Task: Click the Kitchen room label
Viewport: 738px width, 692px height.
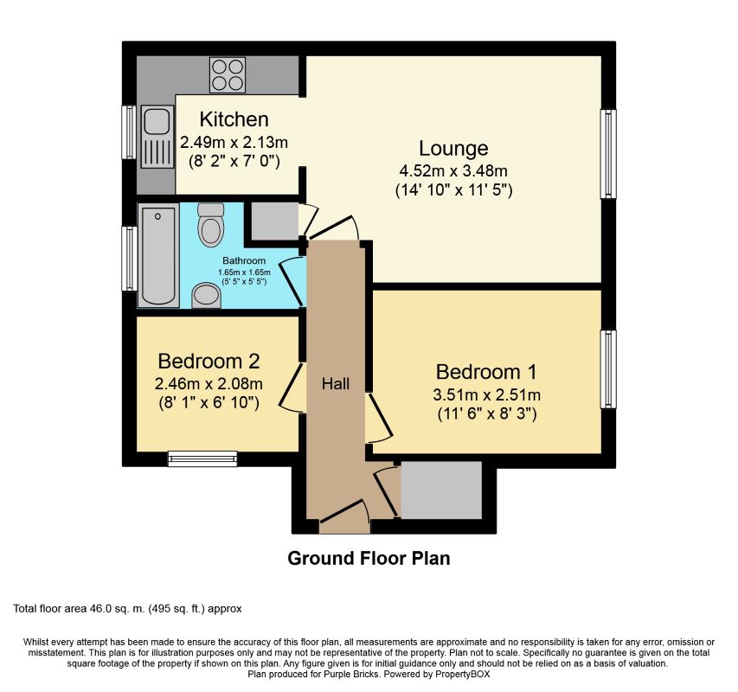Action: (234, 119)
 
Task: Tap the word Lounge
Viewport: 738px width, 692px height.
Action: (453, 148)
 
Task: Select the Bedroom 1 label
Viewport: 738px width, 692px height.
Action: (486, 372)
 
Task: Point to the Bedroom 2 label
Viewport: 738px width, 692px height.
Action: (209, 360)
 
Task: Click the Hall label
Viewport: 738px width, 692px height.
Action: (336, 382)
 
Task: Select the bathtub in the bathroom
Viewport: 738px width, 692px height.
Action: (158, 255)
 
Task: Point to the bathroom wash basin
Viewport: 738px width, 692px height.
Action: (206, 296)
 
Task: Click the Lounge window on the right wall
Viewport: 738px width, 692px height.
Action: (609, 154)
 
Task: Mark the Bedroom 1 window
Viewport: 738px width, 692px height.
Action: (609, 369)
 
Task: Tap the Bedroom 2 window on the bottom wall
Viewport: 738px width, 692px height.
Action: (202, 458)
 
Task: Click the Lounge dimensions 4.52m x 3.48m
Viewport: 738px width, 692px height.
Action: (454, 170)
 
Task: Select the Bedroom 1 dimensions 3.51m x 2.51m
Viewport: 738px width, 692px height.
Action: (487, 395)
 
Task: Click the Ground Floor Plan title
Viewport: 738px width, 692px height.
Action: (369, 558)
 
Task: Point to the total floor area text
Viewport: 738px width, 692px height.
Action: (128, 609)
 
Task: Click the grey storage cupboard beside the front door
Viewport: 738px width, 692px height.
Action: (440, 490)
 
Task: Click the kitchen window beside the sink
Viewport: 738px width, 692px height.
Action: (128, 132)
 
